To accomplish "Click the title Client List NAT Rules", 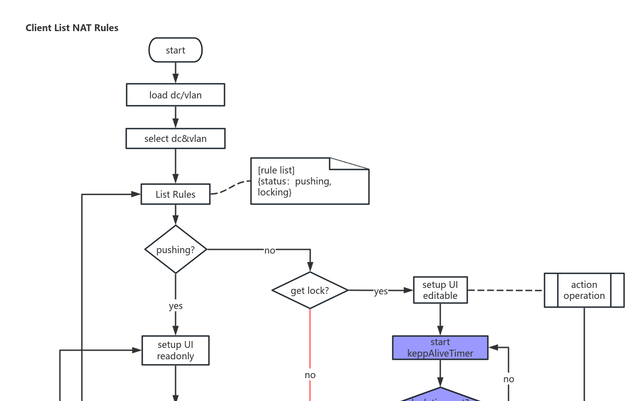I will pos(72,28).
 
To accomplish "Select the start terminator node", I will pos(176,50).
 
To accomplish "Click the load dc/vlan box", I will pos(176,95).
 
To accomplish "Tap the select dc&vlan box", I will pos(176,139).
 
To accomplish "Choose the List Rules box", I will pos(176,194).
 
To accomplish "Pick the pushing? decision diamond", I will pos(176,249).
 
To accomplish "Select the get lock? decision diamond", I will pos(310,290).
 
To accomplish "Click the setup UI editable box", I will pos(440,290).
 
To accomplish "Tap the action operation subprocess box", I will pos(584,290).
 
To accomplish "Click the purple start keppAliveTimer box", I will pos(440,348).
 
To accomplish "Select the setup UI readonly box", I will pos(176,351).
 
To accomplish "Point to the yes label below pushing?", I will pos(176,306).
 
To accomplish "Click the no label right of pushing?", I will pos(270,250).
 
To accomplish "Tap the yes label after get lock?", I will pos(380,291).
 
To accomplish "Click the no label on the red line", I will pos(310,375).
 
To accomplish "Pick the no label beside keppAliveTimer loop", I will pos(508,379).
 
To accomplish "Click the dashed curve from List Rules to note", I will pos(231,187).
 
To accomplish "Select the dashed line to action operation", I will pos(505,290).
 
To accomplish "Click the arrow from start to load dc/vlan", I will pos(176,72).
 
